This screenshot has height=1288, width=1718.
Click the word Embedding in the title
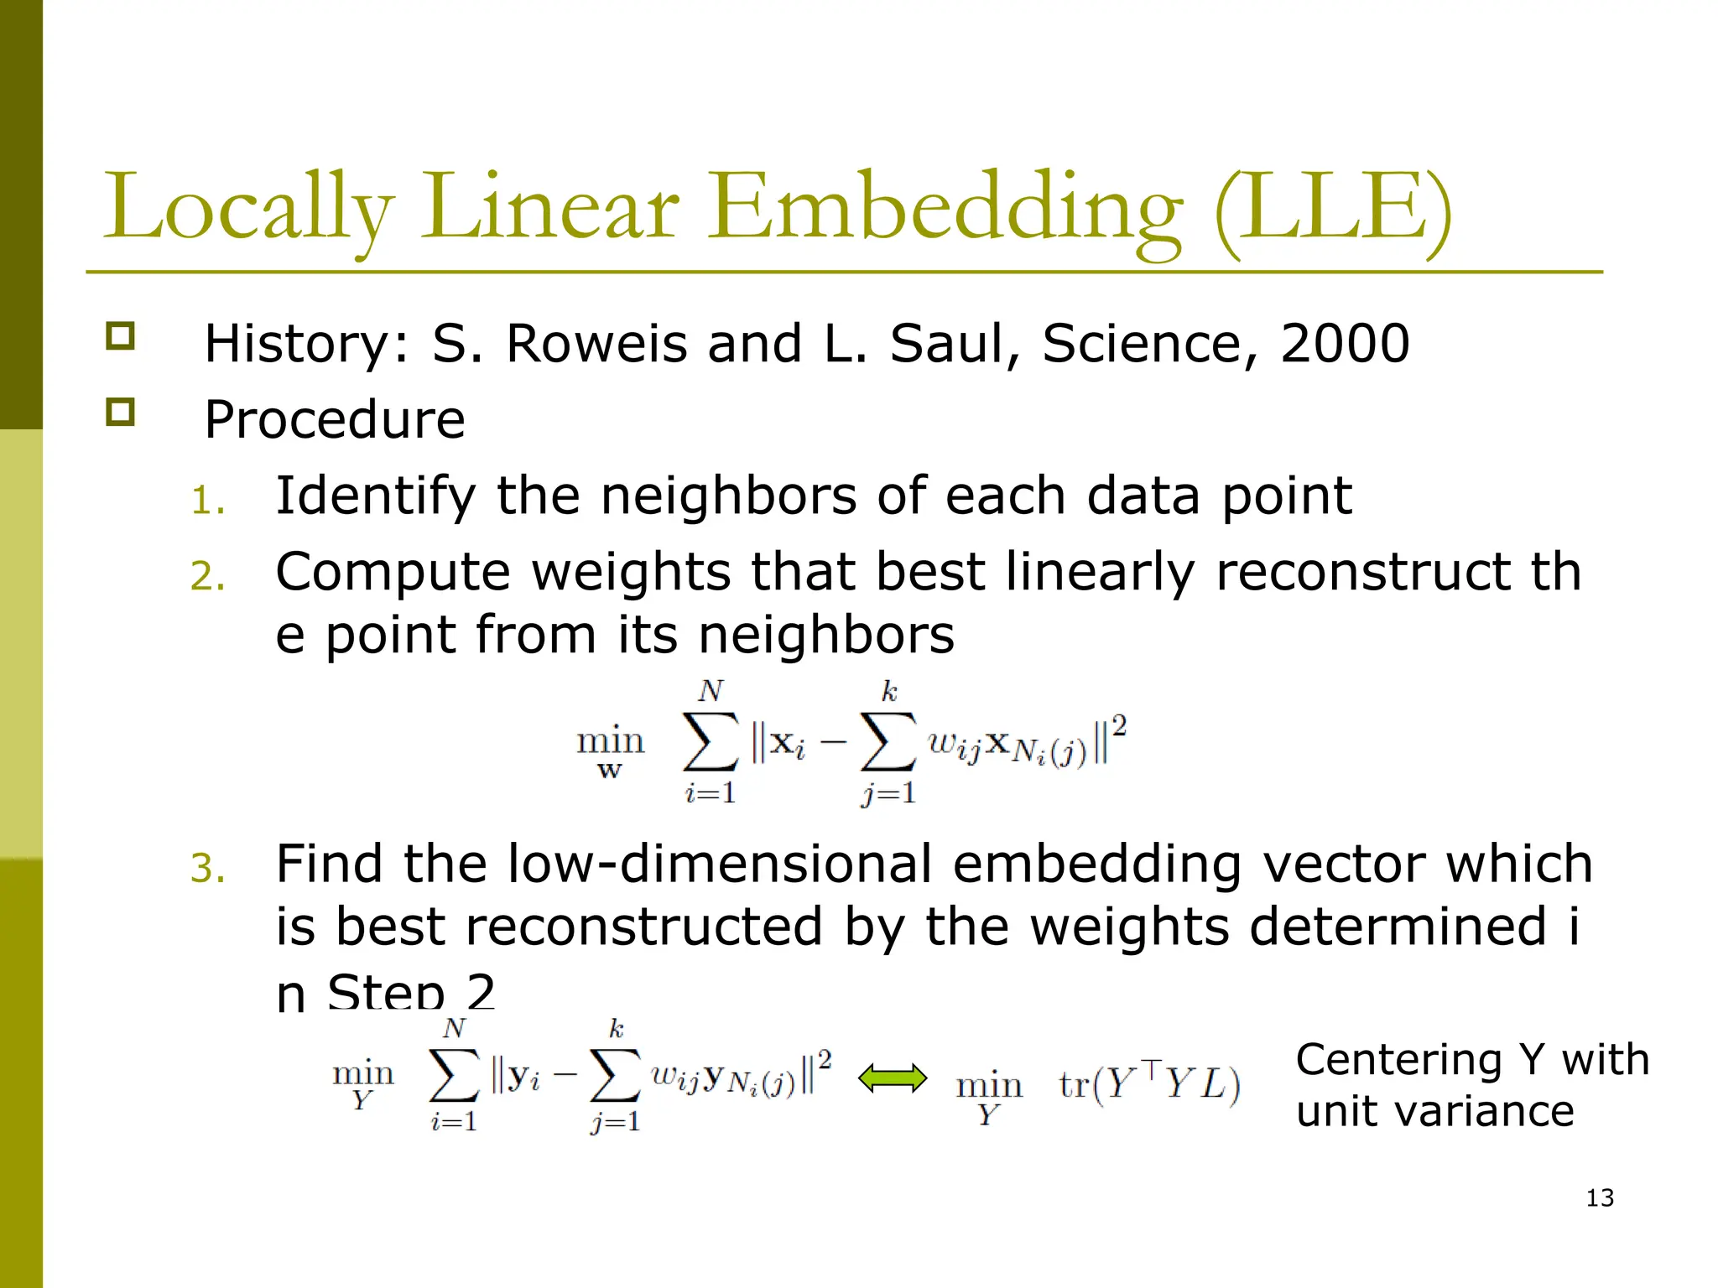coord(946,208)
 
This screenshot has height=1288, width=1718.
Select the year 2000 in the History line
coord(1345,344)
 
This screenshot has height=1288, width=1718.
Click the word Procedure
coord(335,419)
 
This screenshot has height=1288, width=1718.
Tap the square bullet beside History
coord(120,336)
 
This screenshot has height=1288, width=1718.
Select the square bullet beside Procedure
coord(120,412)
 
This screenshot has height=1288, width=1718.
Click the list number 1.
coord(207,501)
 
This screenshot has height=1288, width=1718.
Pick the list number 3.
coord(207,869)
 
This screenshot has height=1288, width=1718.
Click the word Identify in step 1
coord(375,496)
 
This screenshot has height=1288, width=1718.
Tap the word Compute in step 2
coord(393,573)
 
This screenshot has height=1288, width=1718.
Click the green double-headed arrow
coord(893,1078)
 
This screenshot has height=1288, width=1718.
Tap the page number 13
coord(1600,1197)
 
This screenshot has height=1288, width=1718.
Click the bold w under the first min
coord(610,771)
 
